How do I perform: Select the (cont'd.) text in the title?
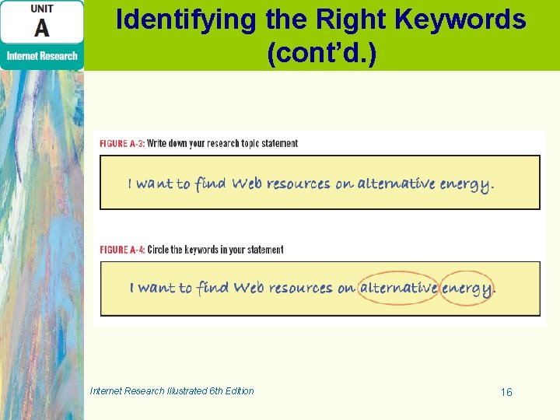(x=321, y=54)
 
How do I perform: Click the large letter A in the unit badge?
(x=42, y=28)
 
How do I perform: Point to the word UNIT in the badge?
(x=42, y=9)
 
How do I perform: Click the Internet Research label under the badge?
(x=42, y=55)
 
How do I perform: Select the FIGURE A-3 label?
(x=121, y=143)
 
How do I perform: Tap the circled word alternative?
(x=398, y=288)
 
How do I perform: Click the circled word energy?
(x=467, y=289)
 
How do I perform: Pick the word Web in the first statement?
(x=247, y=184)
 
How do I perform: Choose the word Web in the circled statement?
(x=249, y=288)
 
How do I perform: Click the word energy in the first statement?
(x=465, y=184)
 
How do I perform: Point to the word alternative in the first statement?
(x=396, y=184)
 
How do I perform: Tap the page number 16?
(x=506, y=392)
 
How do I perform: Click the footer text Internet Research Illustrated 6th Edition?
(x=172, y=390)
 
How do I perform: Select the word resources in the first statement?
(x=299, y=184)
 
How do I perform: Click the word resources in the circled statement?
(x=301, y=289)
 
